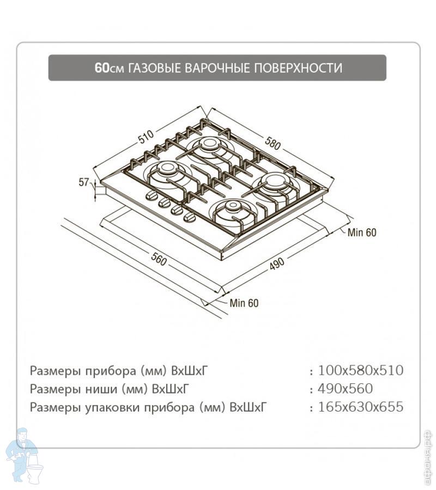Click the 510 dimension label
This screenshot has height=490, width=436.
(147, 137)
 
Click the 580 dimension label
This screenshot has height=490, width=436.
(272, 143)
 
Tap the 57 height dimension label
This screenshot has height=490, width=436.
(84, 182)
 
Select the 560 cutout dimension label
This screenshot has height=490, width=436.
(159, 259)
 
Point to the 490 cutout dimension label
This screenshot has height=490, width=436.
(276, 264)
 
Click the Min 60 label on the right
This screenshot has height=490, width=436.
(362, 232)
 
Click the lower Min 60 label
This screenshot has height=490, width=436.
(244, 303)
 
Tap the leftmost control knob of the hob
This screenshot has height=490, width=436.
(151, 195)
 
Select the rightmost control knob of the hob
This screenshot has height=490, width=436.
(189, 217)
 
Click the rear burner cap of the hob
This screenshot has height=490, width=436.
(207, 143)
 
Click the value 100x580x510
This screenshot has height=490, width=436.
(361, 371)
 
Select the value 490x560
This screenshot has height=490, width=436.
(346, 389)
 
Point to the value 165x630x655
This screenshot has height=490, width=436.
(361, 407)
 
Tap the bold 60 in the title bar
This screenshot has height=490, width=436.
(102, 68)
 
